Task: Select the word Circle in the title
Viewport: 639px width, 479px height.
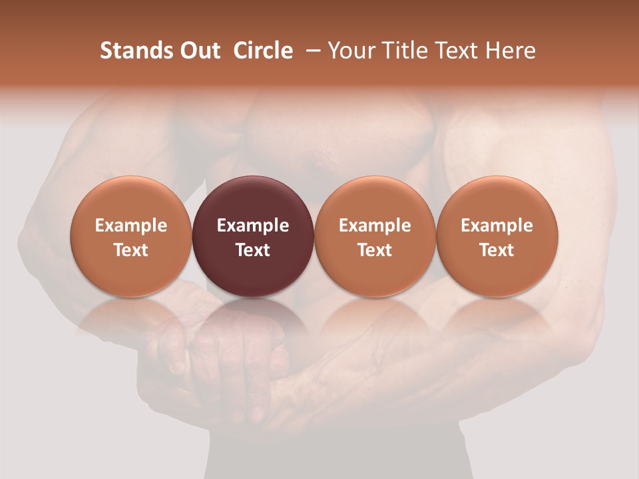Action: tap(263, 51)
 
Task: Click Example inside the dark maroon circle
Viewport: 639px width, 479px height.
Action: tap(253, 226)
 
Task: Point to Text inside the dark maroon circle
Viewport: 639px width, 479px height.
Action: tap(253, 250)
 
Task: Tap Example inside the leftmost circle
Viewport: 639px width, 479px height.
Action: tap(131, 226)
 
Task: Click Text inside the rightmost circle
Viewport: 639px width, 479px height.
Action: tap(497, 250)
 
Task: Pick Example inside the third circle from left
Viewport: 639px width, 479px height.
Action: tap(375, 226)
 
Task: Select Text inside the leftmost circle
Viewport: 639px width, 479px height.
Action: tap(131, 250)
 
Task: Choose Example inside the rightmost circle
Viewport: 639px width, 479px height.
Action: tap(497, 226)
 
